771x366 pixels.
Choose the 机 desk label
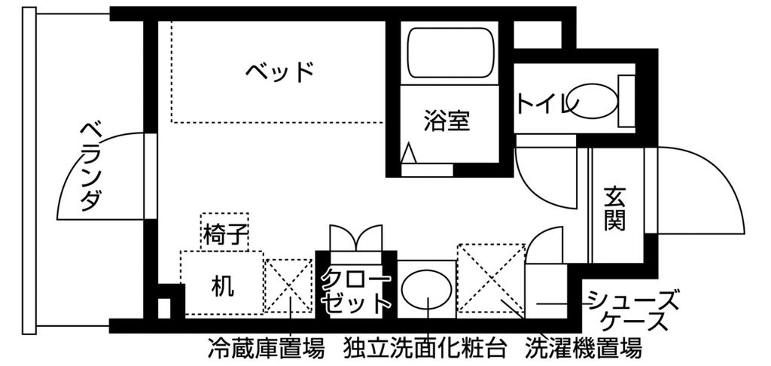[221, 285]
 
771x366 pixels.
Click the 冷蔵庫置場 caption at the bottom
[266, 349]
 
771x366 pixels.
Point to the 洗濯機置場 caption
[584, 349]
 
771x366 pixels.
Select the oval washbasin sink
[427, 288]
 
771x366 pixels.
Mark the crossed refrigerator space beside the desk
[288, 285]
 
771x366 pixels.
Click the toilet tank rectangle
[627, 101]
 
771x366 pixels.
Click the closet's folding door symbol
[355, 236]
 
